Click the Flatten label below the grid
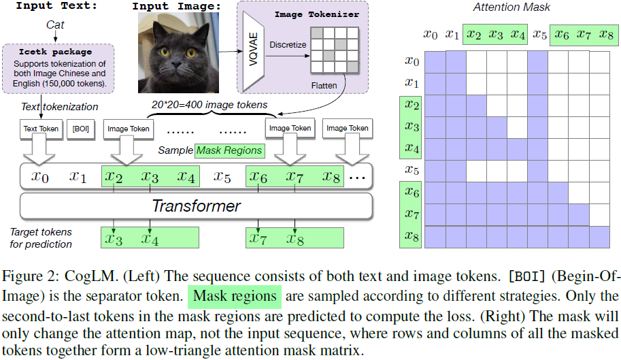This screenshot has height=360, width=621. click(x=326, y=85)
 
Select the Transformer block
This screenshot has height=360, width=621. click(x=196, y=205)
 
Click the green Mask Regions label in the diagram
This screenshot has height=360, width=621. click(x=229, y=150)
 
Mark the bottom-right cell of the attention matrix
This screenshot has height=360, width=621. click(x=599, y=236)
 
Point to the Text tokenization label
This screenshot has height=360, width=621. click(x=59, y=107)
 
